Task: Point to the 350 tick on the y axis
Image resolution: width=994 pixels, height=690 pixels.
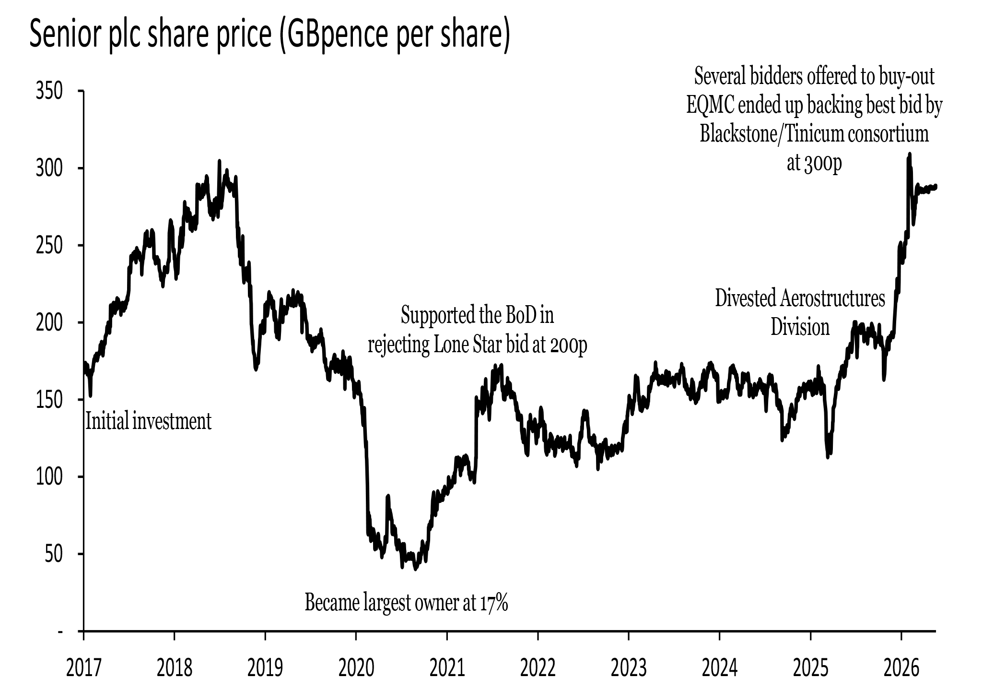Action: (x=49, y=91)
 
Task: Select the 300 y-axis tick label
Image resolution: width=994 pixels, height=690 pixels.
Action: (x=49, y=168)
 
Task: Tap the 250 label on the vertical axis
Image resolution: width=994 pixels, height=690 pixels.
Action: (x=49, y=245)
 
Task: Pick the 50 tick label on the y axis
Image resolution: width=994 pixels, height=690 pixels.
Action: (x=54, y=554)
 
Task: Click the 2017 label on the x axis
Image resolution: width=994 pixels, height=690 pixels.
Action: (x=84, y=667)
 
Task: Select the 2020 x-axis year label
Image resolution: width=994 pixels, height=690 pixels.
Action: (x=356, y=667)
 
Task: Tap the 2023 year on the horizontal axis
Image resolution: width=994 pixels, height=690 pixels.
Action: (x=629, y=667)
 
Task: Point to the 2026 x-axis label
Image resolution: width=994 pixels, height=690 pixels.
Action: (x=901, y=667)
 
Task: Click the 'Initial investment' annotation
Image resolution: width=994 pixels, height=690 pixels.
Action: (x=148, y=421)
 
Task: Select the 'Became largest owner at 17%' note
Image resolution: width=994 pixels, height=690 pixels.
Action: (x=406, y=603)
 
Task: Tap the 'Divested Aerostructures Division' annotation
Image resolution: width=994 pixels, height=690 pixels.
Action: (x=800, y=313)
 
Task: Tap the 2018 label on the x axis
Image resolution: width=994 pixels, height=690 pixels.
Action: (x=175, y=667)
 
